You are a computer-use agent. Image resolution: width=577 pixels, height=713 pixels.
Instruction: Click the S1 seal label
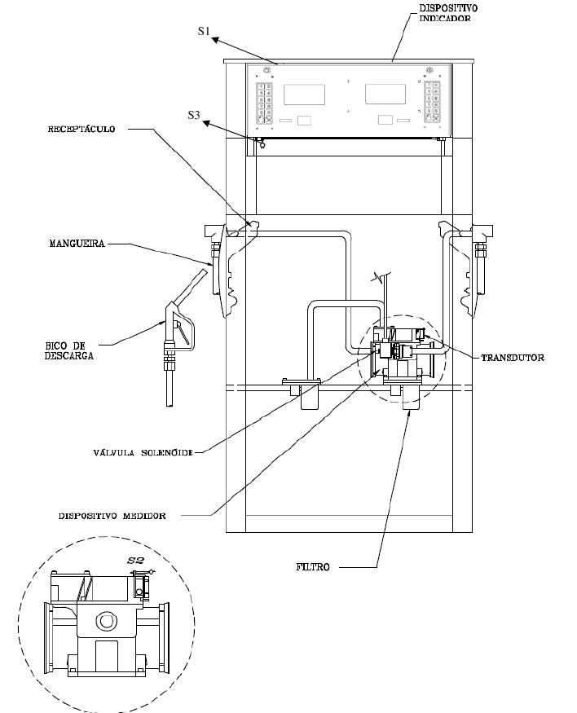[204, 31]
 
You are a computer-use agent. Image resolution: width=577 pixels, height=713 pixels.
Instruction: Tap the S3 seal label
[194, 115]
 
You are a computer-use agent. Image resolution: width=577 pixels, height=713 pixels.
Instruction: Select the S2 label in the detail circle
[135, 561]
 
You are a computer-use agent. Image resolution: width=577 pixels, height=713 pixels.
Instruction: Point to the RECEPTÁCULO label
[81, 129]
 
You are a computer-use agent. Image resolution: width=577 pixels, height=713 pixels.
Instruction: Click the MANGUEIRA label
[77, 244]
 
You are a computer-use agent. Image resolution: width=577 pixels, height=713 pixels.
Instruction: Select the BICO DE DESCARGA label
[69, 350]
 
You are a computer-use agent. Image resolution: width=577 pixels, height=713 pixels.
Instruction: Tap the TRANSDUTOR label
[513, 358]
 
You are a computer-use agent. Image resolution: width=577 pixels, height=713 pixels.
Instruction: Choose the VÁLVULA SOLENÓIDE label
[143, 453]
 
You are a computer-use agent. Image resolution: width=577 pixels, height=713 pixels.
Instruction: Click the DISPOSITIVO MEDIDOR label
[112, 516]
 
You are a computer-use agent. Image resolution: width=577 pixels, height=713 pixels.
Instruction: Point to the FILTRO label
[313, 567]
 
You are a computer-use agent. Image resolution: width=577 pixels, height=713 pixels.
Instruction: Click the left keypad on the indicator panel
[265, 103]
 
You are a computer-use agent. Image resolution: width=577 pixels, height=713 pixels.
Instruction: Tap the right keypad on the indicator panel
[432, 102]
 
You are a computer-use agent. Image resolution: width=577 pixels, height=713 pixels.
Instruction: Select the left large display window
[304, 95]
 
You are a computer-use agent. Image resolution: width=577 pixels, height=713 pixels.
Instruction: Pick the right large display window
[385, 95]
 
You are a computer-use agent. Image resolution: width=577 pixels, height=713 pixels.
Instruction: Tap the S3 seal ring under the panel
[262, 144]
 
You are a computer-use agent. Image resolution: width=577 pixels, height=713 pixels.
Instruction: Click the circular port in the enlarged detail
[107, 621]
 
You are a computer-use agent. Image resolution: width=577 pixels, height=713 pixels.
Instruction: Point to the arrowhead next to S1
[215, 40]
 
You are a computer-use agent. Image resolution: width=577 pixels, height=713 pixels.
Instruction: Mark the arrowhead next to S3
[207, 123]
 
